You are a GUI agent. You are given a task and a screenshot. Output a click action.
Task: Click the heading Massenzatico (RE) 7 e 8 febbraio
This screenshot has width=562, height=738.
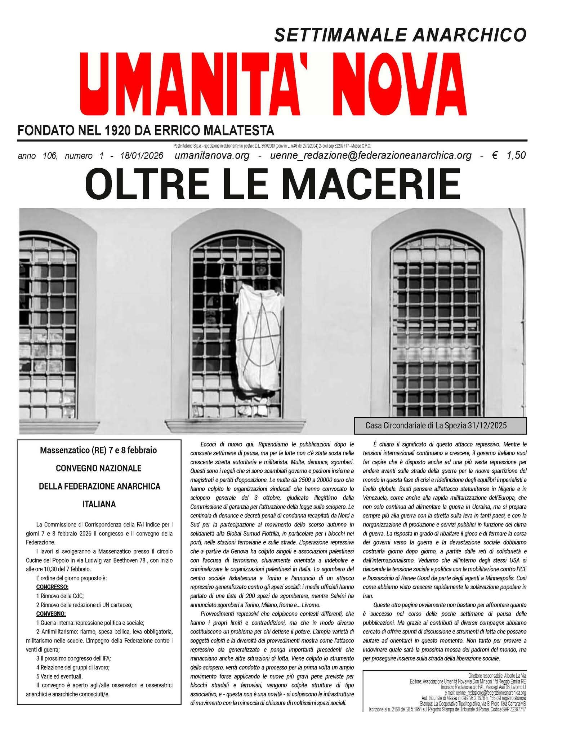tap(98, 450)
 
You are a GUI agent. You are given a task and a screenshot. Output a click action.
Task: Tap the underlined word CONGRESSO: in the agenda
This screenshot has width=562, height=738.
tap(52, 586)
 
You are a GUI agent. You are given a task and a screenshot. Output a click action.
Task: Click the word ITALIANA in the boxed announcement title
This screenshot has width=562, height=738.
tap(98, 504)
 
